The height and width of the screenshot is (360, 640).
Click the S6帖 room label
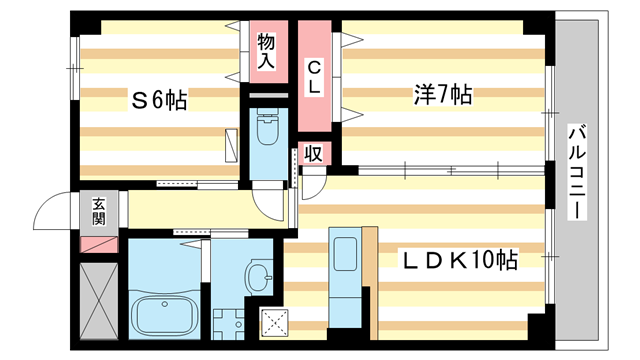click(x=161, y=99)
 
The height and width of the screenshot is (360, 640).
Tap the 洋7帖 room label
click(x=442, y=96)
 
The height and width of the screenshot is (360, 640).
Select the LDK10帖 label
click(x=459, y=261)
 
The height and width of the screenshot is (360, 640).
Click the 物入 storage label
click(x=266, y=50)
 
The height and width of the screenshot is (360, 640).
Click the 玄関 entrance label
click(x=99, y=211)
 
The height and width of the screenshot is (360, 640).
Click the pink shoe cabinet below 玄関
click(x=99, y=242)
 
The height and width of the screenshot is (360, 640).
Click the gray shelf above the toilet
click(x=266, y=96)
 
